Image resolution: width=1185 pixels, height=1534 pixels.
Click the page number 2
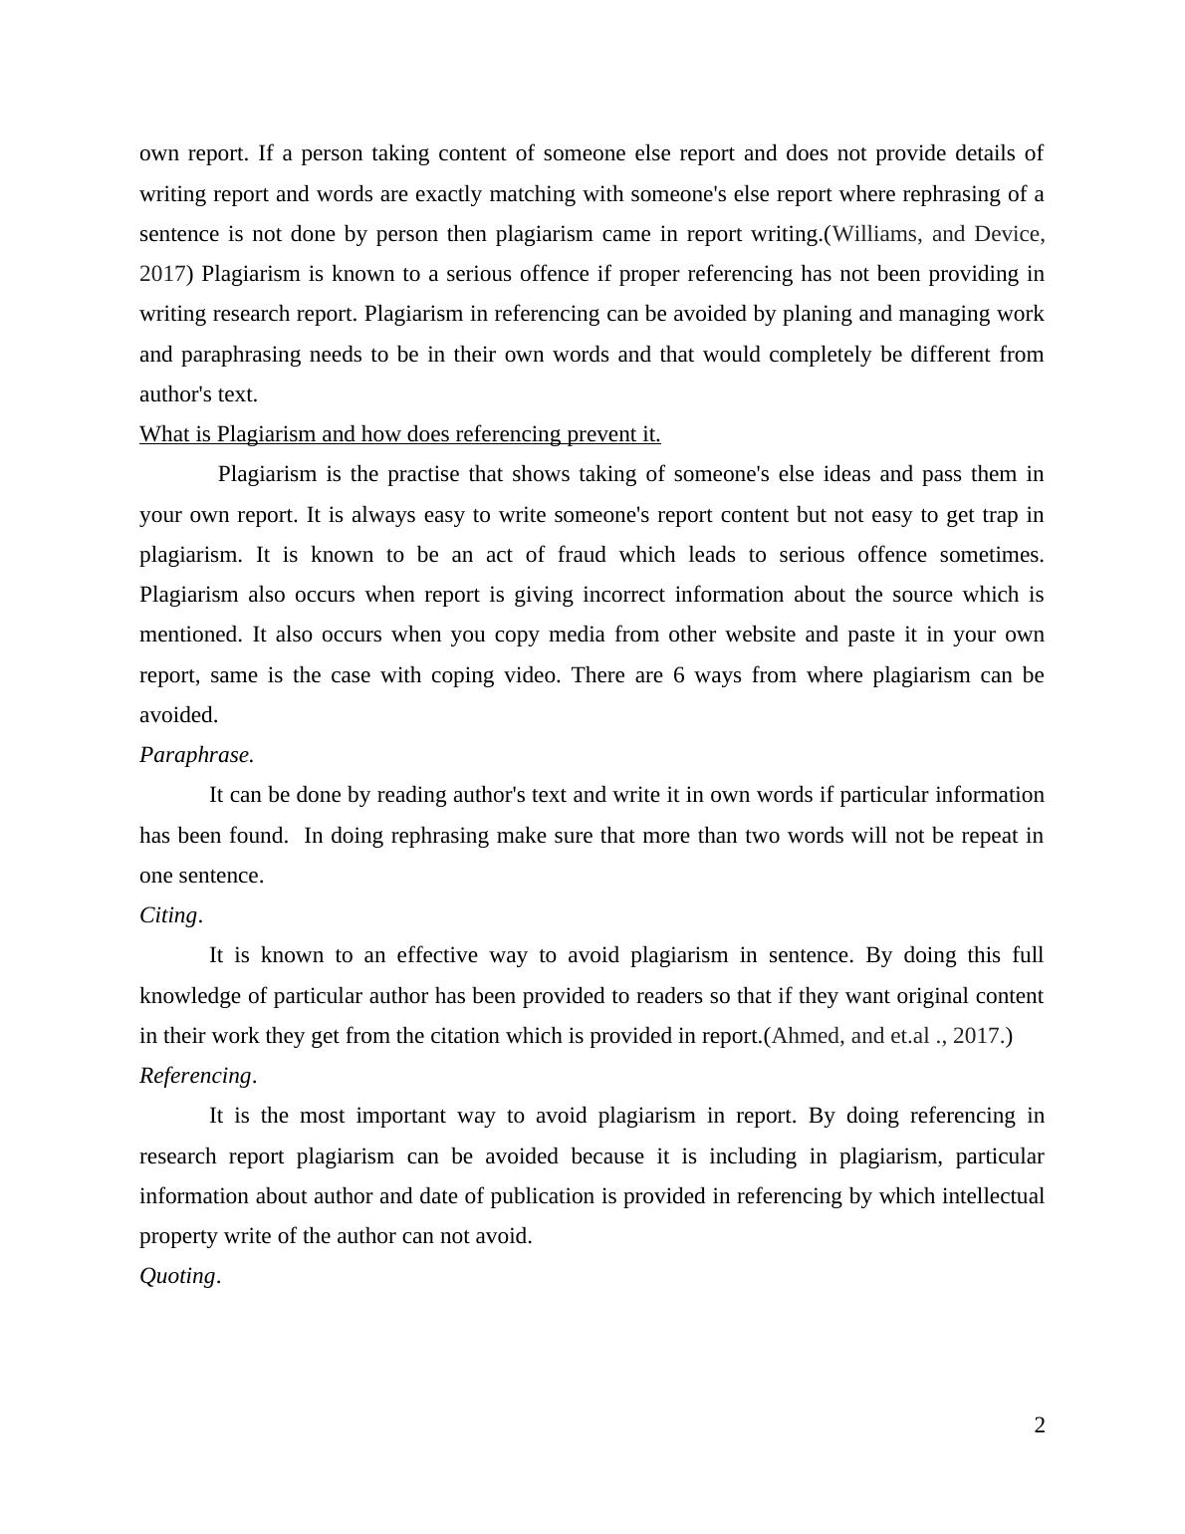click(x=1039, y=1425)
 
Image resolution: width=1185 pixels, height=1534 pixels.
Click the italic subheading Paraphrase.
click(x=196, y=755)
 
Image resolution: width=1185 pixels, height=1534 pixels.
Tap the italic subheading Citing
click(x=169, y=915)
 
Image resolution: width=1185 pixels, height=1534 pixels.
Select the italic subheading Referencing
click(x=196, y=1076)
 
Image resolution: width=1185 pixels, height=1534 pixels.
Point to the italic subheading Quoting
click(x=178, y=1276)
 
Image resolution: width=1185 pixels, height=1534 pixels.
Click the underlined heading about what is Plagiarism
click(x=399, y=434)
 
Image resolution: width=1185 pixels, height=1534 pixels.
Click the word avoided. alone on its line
click(x=178, y=715)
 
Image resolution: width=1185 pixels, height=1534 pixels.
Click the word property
click(x=177, y=1236)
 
